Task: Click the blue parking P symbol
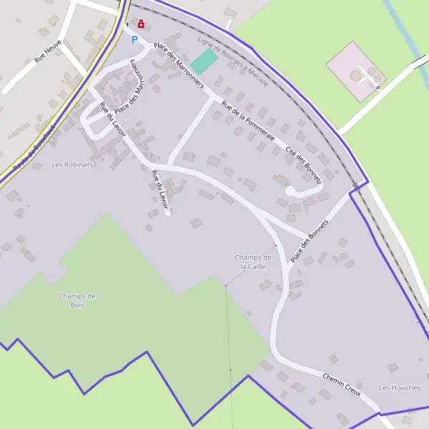click(133, 39)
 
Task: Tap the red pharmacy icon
click(141, 24)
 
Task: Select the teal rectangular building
click(204, 61)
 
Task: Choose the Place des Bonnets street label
click(308, 240)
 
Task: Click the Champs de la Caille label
click(252, 262)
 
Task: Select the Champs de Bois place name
click(77, 300)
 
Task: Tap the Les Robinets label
click(73, 164)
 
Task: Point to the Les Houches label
click(400, 388)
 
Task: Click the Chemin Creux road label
click(341, 385)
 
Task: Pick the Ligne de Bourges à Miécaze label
click(233, 58)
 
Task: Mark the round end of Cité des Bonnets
click(290, 192)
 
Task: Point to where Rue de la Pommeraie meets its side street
click(214, 99)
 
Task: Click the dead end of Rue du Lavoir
click(167, 211)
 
